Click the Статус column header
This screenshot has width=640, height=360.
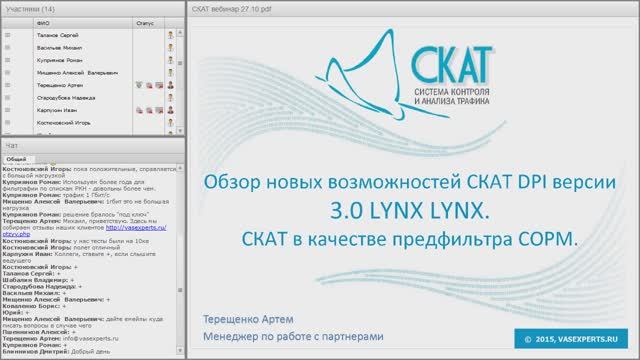pos(145,20)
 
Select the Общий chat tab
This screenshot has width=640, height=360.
pos(16,159)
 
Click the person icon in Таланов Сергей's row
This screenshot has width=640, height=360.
pos(171,34)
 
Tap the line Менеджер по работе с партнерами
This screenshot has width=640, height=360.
pos(290,337)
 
